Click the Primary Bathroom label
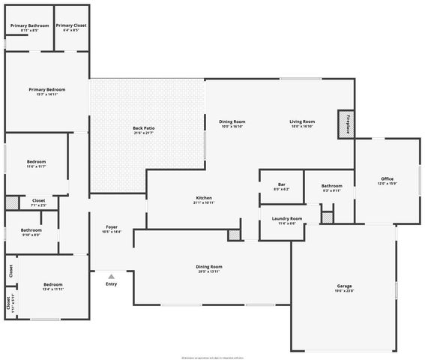(x=30, y=25)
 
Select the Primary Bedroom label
(x=43, y=90)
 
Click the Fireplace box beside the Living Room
(x=348, y=123)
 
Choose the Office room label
(x=388, y=178)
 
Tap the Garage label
(x=344, y=286)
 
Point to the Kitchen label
(x=204, y=197)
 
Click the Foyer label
(x=112, y=226)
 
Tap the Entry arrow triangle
(x=111, y=276)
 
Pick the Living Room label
(x=302, y=121)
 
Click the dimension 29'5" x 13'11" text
(x=210, y=271)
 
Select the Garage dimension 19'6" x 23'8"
(x=344, y=292)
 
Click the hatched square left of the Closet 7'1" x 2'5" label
(x=12, y=202)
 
